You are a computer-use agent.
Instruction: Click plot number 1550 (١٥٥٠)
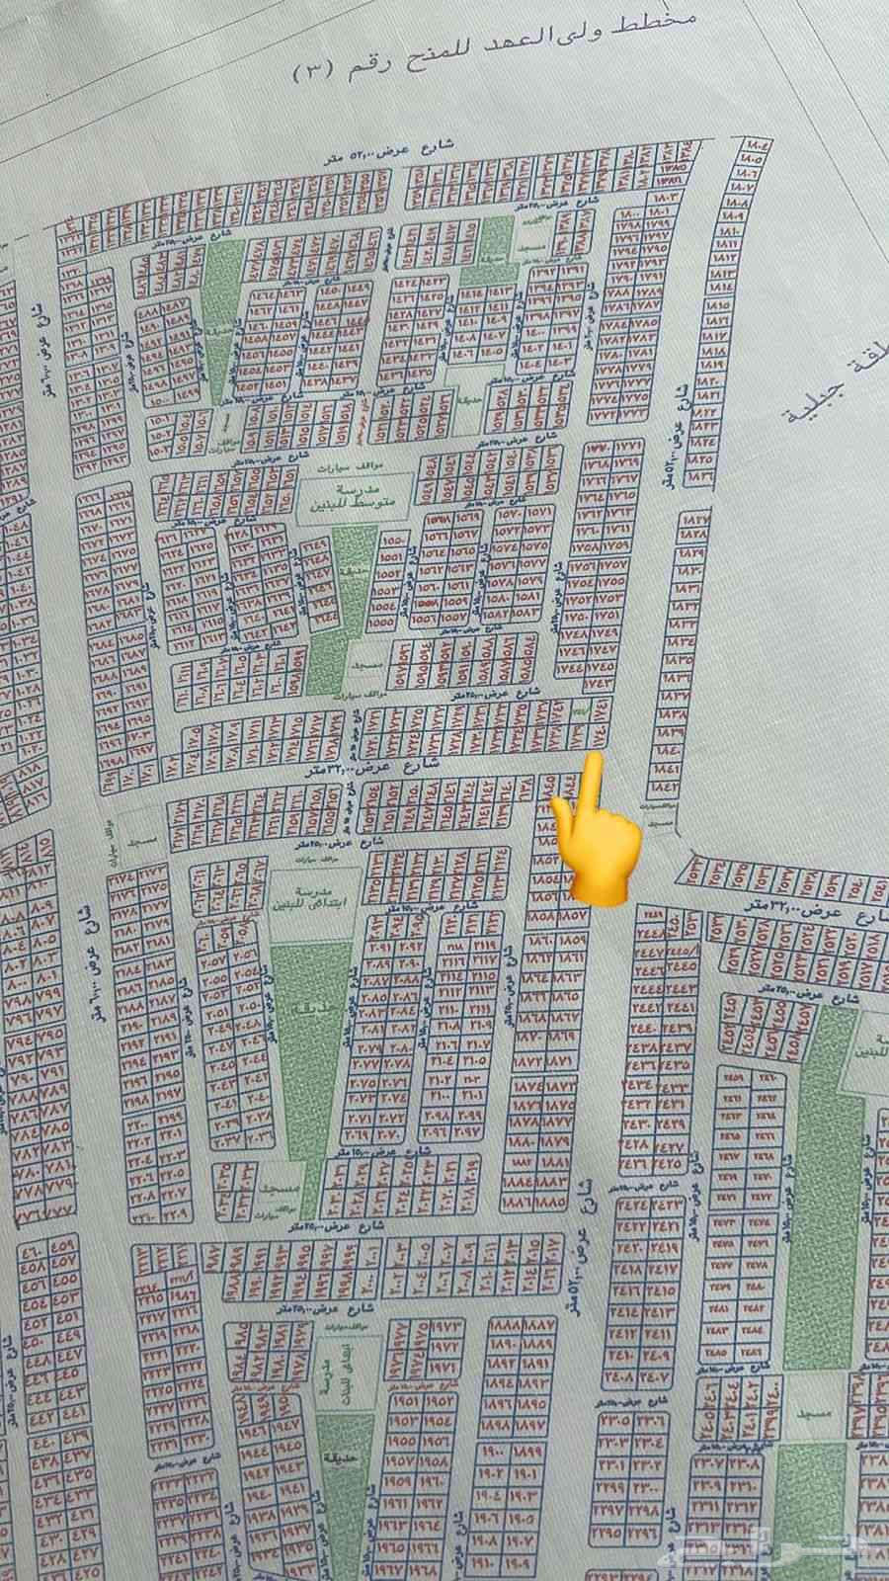[389, 542]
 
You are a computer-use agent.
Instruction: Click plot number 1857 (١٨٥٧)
[577, 916]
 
